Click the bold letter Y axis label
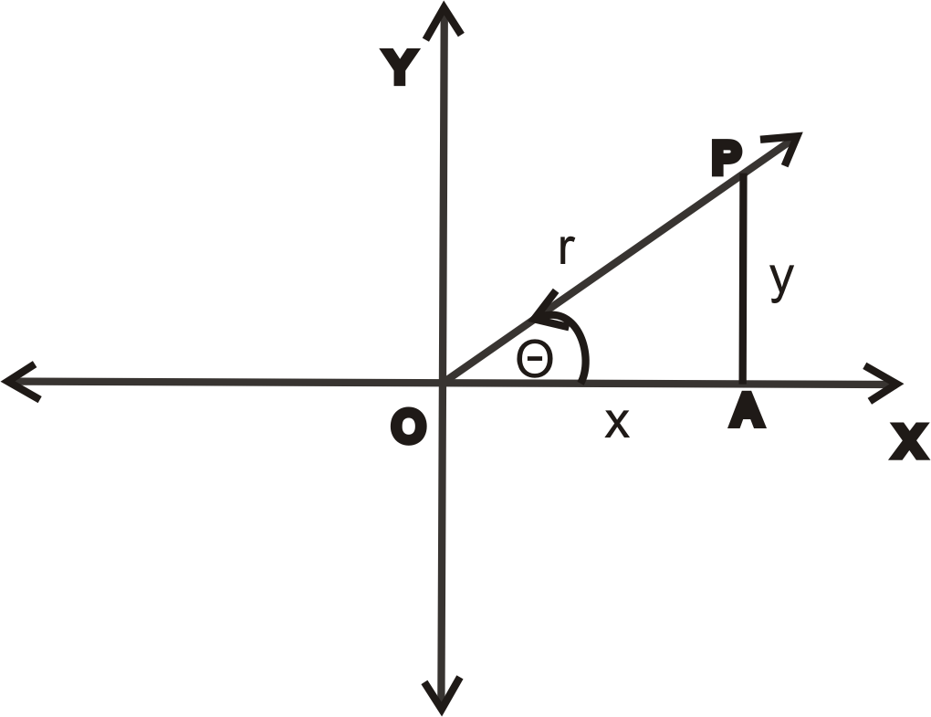tap(400, 68)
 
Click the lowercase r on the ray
tap(566, 249)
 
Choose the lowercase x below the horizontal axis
tap(618, 423)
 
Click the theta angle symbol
tap(534, 359)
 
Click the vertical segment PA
tap(744, 283)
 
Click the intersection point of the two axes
tap(444, 382)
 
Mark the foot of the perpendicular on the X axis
tap(744, 382)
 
